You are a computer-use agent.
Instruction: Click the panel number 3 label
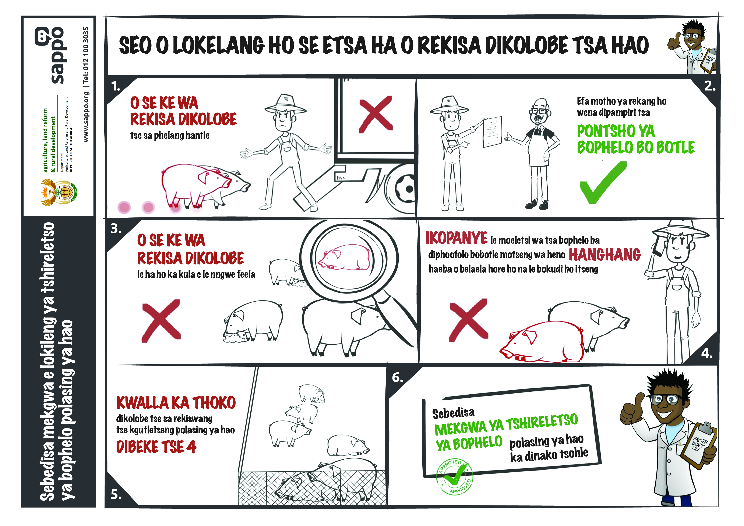(116, 229)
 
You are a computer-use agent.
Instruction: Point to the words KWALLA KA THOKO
(176, 403)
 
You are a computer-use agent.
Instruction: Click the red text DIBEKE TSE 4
(156, 447)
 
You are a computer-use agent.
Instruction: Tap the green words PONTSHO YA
(616, 131)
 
